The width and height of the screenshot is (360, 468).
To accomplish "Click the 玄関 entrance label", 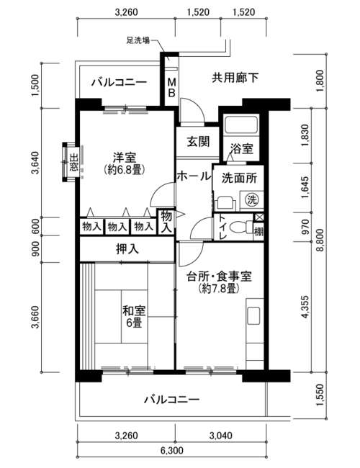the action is click(x=198, y=142).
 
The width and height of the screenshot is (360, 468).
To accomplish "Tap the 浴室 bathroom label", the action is click(x=242, y=148).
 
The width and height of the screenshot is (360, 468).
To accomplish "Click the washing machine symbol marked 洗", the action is click(x=252, y=199).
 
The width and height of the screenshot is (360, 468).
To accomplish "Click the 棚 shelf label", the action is click(x=258, y=232).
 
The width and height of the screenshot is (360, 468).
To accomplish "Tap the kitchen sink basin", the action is click(x=253, y=316).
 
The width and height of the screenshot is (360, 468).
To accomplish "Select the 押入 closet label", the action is click(x=127, y=249).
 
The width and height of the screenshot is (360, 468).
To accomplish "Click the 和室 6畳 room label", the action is click(x=134, y=317).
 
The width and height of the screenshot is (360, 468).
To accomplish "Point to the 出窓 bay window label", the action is click(x=73, y=162).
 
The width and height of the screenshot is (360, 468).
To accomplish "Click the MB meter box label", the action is click(x=171, y=87).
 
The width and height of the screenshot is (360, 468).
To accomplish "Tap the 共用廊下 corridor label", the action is click(x=235, y=78).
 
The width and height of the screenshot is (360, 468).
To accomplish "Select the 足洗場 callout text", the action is click(x=138, y=40).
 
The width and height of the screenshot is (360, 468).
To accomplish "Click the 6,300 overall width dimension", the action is click(x=172, y=450).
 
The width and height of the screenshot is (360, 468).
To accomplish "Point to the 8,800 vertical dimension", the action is click(x=320, y=240).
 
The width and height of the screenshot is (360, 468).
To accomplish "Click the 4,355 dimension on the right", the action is click(x=305, y=307).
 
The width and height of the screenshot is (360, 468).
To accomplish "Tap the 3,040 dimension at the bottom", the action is click(x=220, y=436).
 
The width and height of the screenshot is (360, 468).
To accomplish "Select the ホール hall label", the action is click(x=194, y=176).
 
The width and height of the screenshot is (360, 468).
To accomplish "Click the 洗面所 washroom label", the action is click(x=239, y=178).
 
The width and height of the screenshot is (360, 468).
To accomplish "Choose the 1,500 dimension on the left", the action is click(x=35, y=86).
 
